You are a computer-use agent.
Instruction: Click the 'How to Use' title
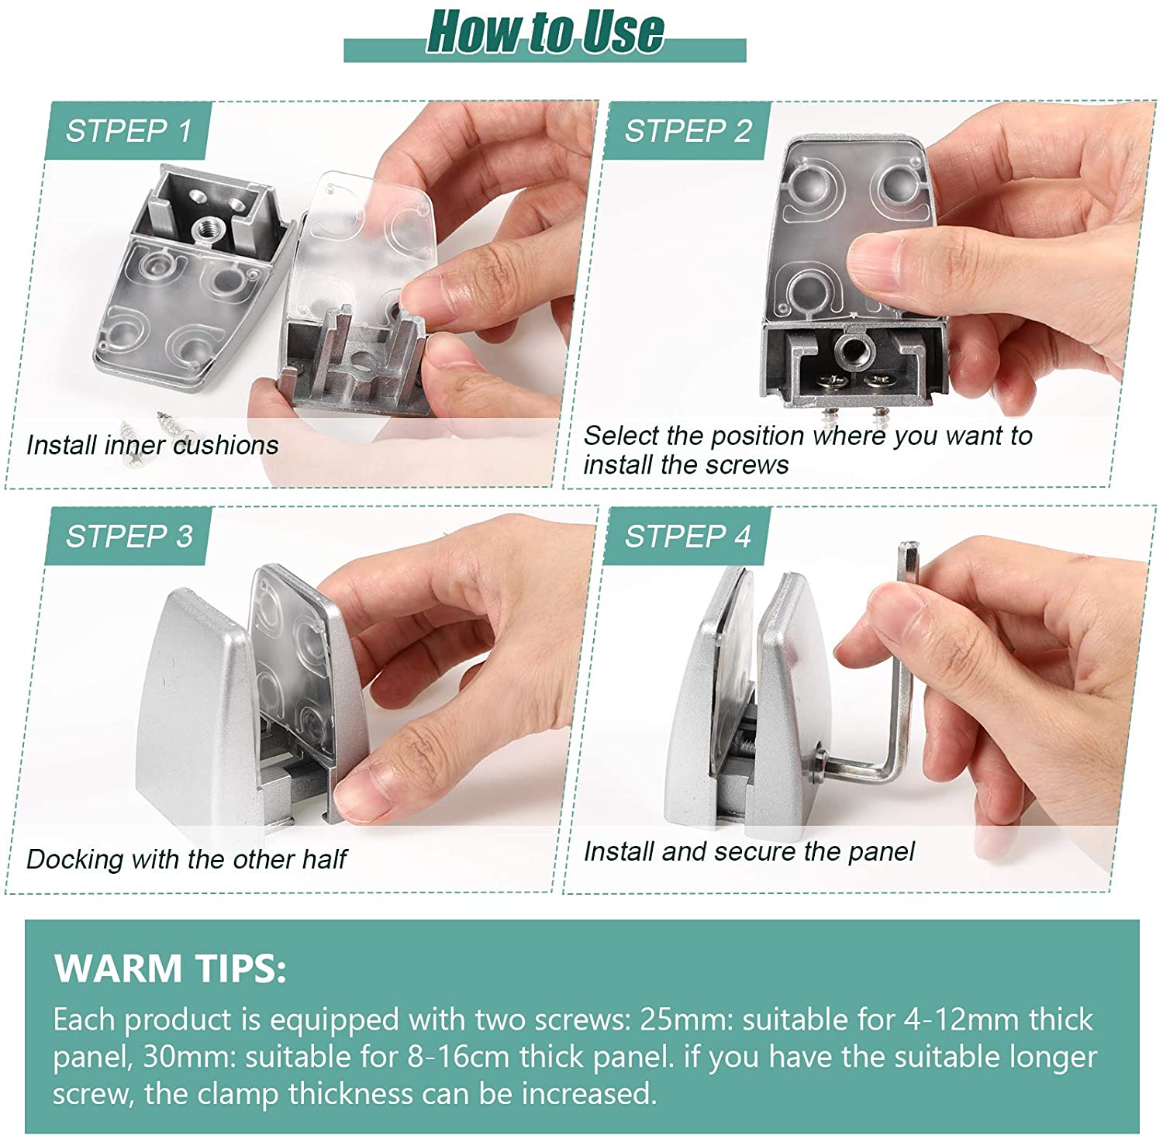pos(546,33)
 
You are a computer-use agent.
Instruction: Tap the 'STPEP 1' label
pos(129,131)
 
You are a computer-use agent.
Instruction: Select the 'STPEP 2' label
pos(688,131)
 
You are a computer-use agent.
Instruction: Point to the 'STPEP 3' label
pos(129,536)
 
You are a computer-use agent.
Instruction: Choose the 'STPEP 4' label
pos(688,536)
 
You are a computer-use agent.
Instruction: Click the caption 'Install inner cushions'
pos(152,445)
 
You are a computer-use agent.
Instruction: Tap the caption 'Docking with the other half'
pos(186,859)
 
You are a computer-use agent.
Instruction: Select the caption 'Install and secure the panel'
pos(749,851)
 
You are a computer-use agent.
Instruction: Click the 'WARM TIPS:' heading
pos(171,968)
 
